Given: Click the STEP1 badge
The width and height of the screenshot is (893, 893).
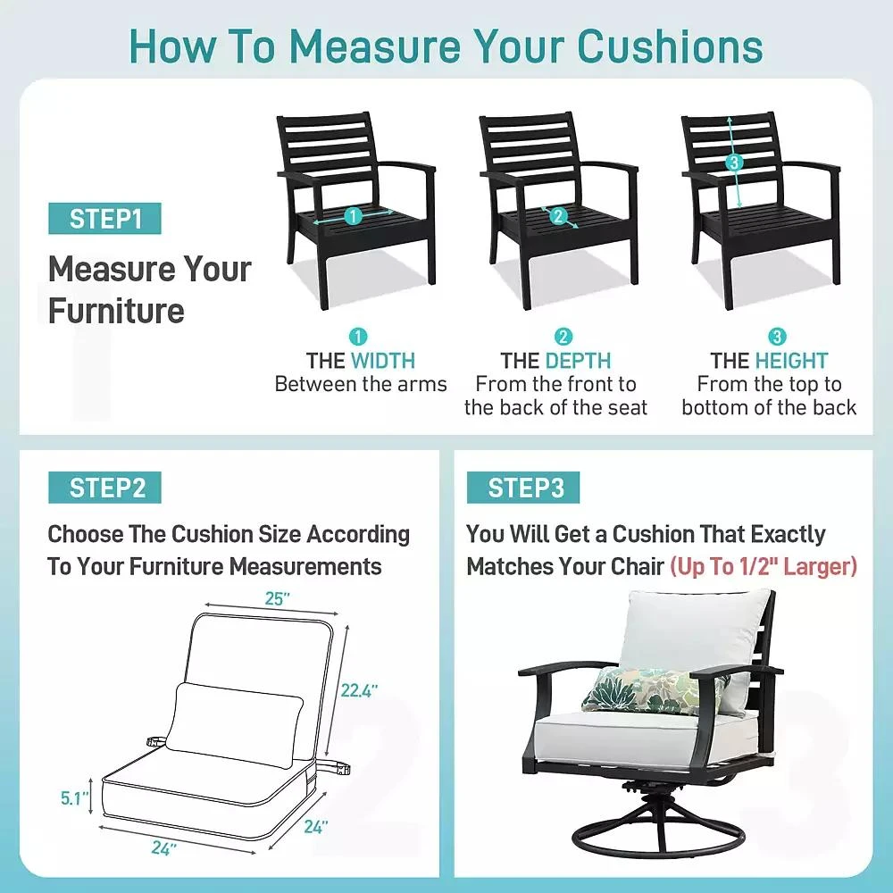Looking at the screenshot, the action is point(104,219).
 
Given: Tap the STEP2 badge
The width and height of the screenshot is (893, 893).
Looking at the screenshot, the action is point(104,488).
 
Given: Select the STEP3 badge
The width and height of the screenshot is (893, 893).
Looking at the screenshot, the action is point(523,488).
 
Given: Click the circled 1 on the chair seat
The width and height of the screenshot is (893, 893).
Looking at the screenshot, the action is point(353,216).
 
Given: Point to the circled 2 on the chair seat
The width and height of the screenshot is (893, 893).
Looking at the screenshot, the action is point(557,216).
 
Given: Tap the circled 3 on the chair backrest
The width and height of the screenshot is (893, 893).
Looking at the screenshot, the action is point(734,163).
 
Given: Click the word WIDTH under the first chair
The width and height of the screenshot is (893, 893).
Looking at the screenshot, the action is point(383,361).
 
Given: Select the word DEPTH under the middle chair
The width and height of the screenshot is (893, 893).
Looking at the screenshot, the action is point(578,361).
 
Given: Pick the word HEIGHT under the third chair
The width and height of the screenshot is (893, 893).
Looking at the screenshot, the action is point(791,361).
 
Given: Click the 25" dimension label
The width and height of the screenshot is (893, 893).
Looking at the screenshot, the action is point(278,598).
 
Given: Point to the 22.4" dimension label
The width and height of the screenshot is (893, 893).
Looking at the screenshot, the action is point(359,690).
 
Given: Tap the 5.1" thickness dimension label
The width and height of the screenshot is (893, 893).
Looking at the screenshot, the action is point(75,798).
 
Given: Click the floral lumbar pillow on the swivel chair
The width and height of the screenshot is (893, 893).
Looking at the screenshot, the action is point(648,689).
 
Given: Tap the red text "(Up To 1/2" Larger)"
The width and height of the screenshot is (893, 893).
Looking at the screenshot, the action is point(764,567).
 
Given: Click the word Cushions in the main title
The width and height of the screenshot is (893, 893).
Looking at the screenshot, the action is point(670,46).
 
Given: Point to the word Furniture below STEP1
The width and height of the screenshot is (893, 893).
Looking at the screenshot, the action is point(116,311).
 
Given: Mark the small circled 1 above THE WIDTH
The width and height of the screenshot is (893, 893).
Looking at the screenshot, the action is point(358,337).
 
